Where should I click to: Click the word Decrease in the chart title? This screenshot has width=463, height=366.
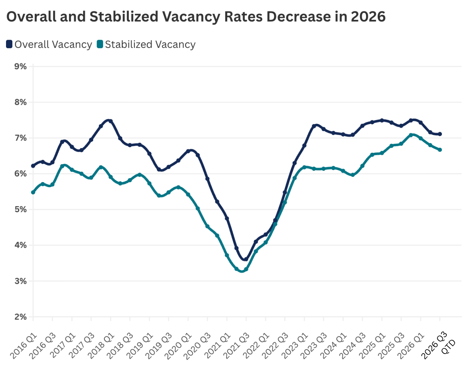pyautogui.click(x=298, y=17)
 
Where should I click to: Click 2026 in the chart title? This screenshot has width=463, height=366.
pyautogui.click(x=368, y=17)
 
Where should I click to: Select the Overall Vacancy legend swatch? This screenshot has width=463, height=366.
pyautogui.click(x=9, y=44)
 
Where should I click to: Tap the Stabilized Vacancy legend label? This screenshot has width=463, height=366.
pyautogui.click(x=150, y=45)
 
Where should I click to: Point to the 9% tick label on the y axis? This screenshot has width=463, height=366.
pyautogui.click(x=21, y=67)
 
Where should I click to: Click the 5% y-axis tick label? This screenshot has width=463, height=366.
pyautogui.click(x=21, y=209)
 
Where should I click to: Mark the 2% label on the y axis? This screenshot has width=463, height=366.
pyautogui.click(x=21, y=317)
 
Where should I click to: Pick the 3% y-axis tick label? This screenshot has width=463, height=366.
pyautogui.click(x=21, y=281)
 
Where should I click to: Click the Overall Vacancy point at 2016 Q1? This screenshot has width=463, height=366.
pyautogui.click(x=33, y=166)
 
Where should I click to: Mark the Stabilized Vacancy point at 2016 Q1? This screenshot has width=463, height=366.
pyautogui.click(x=33, y=192)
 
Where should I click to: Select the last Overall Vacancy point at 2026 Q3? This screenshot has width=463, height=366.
pyautogui.click(x=440, y=134)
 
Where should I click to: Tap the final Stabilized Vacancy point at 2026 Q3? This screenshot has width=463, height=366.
pyautogui.click(x=440, y=150)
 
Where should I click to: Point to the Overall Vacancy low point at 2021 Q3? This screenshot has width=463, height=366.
pyautogui.click(x=246, y=259)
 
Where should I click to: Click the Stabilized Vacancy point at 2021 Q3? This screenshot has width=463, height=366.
pyautogui.click(x=246, y=270)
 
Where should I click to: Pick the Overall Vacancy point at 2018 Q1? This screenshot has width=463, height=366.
pyautogui.click(x=110, y=121)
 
